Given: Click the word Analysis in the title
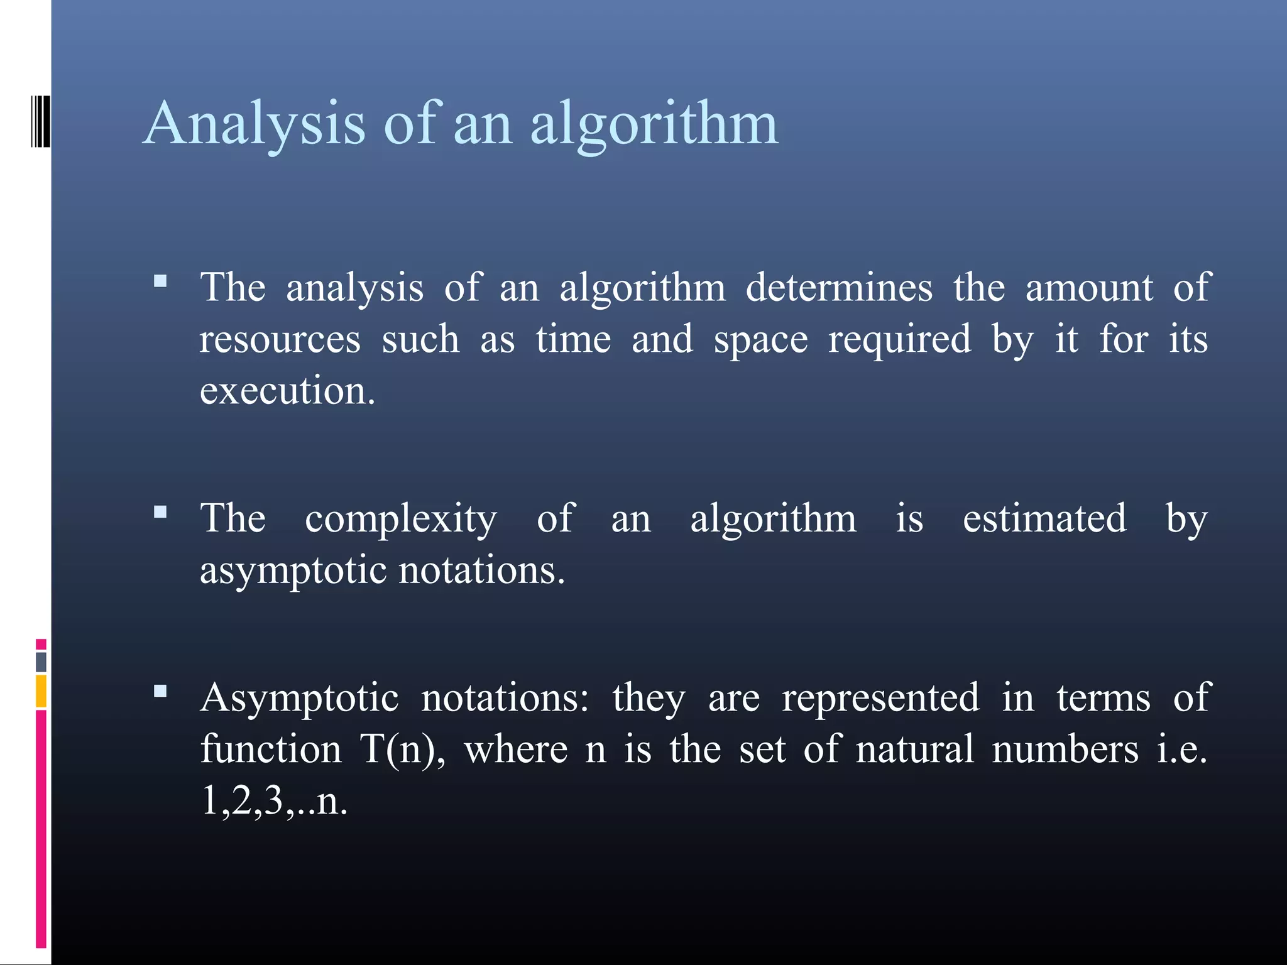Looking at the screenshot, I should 255,124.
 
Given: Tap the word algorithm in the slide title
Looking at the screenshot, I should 654,124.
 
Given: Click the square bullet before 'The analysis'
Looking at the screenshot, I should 160,281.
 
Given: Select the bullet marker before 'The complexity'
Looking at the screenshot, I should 160,512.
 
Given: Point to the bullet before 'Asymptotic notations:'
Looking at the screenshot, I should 160,692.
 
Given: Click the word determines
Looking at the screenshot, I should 839,288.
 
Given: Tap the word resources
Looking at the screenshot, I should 280,340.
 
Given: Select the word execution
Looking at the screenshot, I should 287,391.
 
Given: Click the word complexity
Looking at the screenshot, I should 401,520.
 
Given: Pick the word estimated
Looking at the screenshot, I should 1044,518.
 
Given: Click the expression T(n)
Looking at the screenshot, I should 402,750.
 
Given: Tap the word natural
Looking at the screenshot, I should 914,750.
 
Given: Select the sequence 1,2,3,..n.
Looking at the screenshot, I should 274,802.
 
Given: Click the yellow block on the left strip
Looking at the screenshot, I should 41,691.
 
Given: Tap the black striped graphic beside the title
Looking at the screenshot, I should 40,121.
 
